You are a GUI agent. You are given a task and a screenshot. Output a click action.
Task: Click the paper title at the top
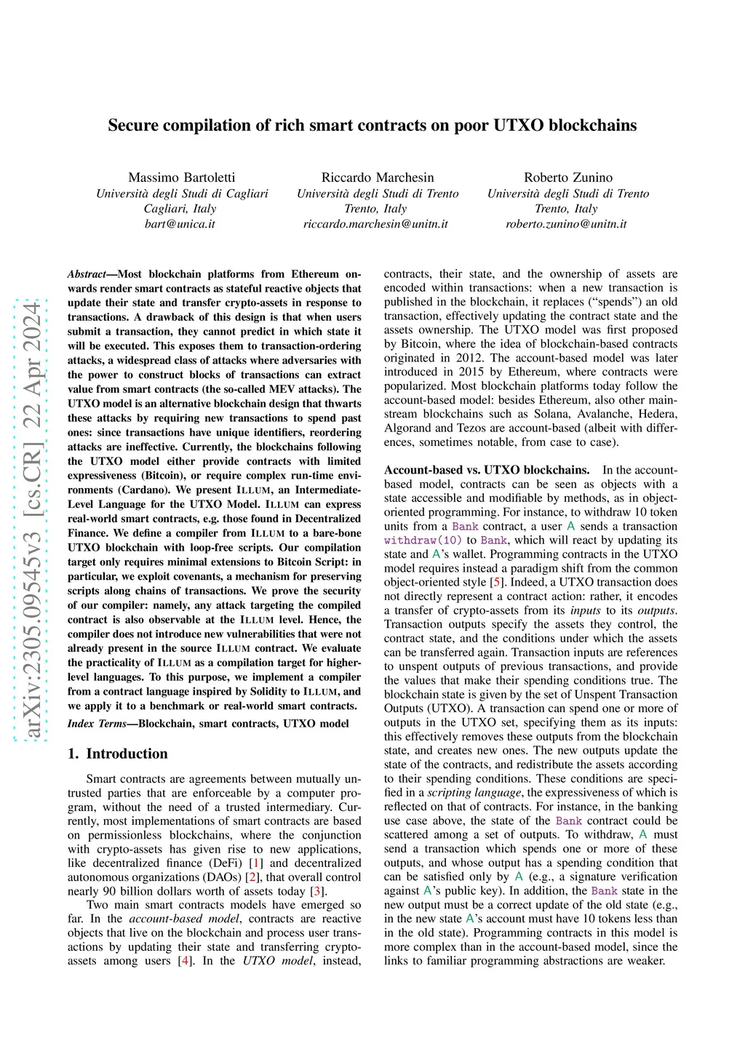[x=372, y=125]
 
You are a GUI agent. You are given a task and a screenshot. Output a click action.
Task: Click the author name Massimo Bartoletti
[x=182, y=177]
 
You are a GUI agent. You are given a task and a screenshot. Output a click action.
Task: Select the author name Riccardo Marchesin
[x=378, y=177]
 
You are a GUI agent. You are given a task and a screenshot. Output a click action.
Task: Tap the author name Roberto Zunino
[x=568, y=177]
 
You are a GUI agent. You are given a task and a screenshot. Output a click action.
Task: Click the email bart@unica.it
[x=180, y=224]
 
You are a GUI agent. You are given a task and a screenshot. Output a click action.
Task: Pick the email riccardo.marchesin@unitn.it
[x=375, y=224]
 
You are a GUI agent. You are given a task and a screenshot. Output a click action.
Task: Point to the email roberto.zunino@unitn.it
[x=566, y=224]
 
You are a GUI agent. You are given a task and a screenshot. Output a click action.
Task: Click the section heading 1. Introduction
[x=117, y=754]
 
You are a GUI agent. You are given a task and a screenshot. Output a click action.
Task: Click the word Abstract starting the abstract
[x=87, y=274]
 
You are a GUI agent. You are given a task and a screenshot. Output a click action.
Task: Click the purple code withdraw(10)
[x=423, y=540]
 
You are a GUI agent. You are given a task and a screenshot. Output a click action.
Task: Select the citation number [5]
[x=496, y=582]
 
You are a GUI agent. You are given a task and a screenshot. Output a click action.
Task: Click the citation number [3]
[x=316, y=891]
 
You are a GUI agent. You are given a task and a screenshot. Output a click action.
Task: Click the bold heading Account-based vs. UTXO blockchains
[x=486, y=470]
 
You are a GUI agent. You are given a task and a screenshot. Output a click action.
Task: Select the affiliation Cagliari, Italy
[x=180, y=209]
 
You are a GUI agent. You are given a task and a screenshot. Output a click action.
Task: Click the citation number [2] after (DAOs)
[x=253, y=877]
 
